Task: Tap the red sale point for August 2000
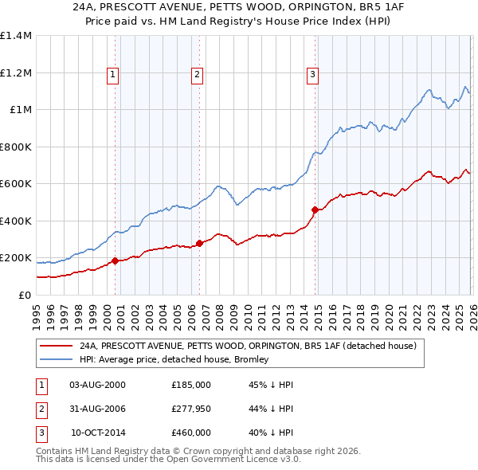[x=115, y=260]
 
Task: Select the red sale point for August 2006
[x=199, y=244]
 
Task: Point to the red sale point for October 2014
[x=315, y=210]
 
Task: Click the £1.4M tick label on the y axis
[x=16, y=36]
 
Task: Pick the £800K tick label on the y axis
[x=16, y=147]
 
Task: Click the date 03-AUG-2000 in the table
[x=98, y=385]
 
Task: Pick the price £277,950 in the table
[x=191, y=409]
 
